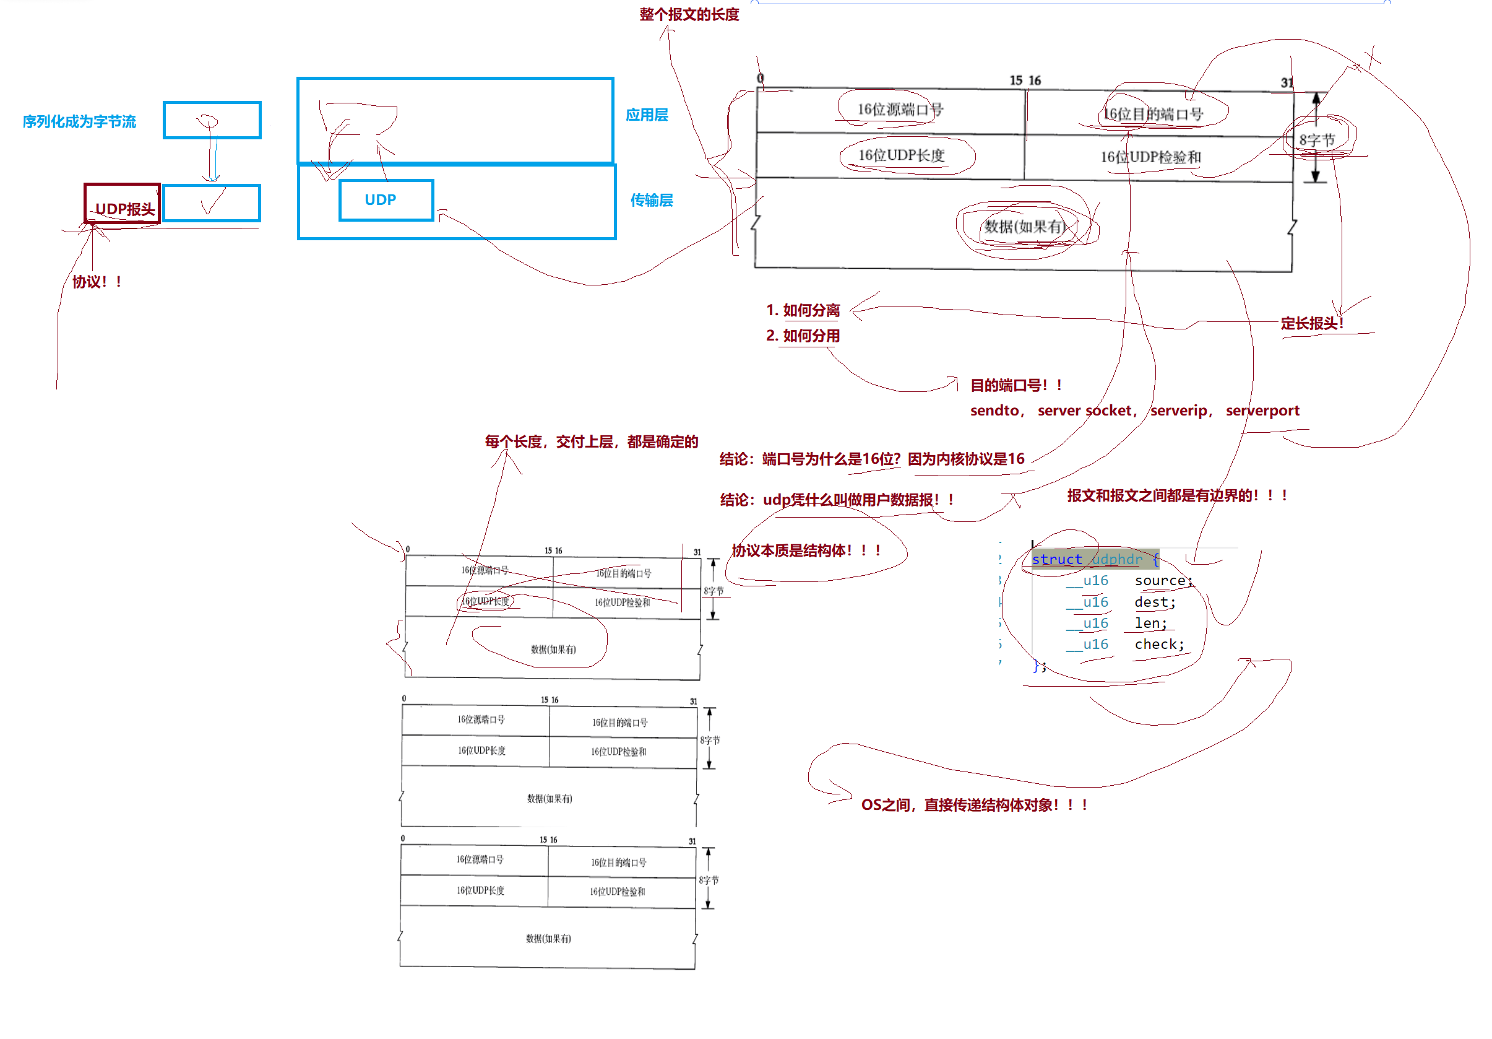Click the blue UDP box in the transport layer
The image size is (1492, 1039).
coord(386,200)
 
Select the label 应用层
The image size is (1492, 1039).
coord(647,115)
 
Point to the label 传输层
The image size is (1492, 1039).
coord(651,200)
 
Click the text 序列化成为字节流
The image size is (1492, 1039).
coord(79,121)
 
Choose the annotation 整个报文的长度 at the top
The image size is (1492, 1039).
coord(689,14)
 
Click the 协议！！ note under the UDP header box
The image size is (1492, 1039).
coord(97,282)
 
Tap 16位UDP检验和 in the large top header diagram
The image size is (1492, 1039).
coord(1150,157)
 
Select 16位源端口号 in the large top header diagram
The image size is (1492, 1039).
coord(899,109)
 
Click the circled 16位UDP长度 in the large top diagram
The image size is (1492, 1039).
coord(900,155)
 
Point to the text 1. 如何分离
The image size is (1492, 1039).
coord(803,310)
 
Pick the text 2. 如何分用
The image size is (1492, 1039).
coord(803,336)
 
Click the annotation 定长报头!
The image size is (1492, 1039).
coord(1311,323)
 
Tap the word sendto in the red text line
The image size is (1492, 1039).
coord(994,411)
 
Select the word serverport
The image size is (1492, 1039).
coord(1262,411)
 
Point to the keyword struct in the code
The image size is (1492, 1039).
coord(1056,559)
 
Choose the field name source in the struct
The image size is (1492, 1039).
coord(1162,581)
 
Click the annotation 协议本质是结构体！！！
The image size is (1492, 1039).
coord(806,550)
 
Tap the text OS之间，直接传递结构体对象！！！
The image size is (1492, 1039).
coord(973,805)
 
